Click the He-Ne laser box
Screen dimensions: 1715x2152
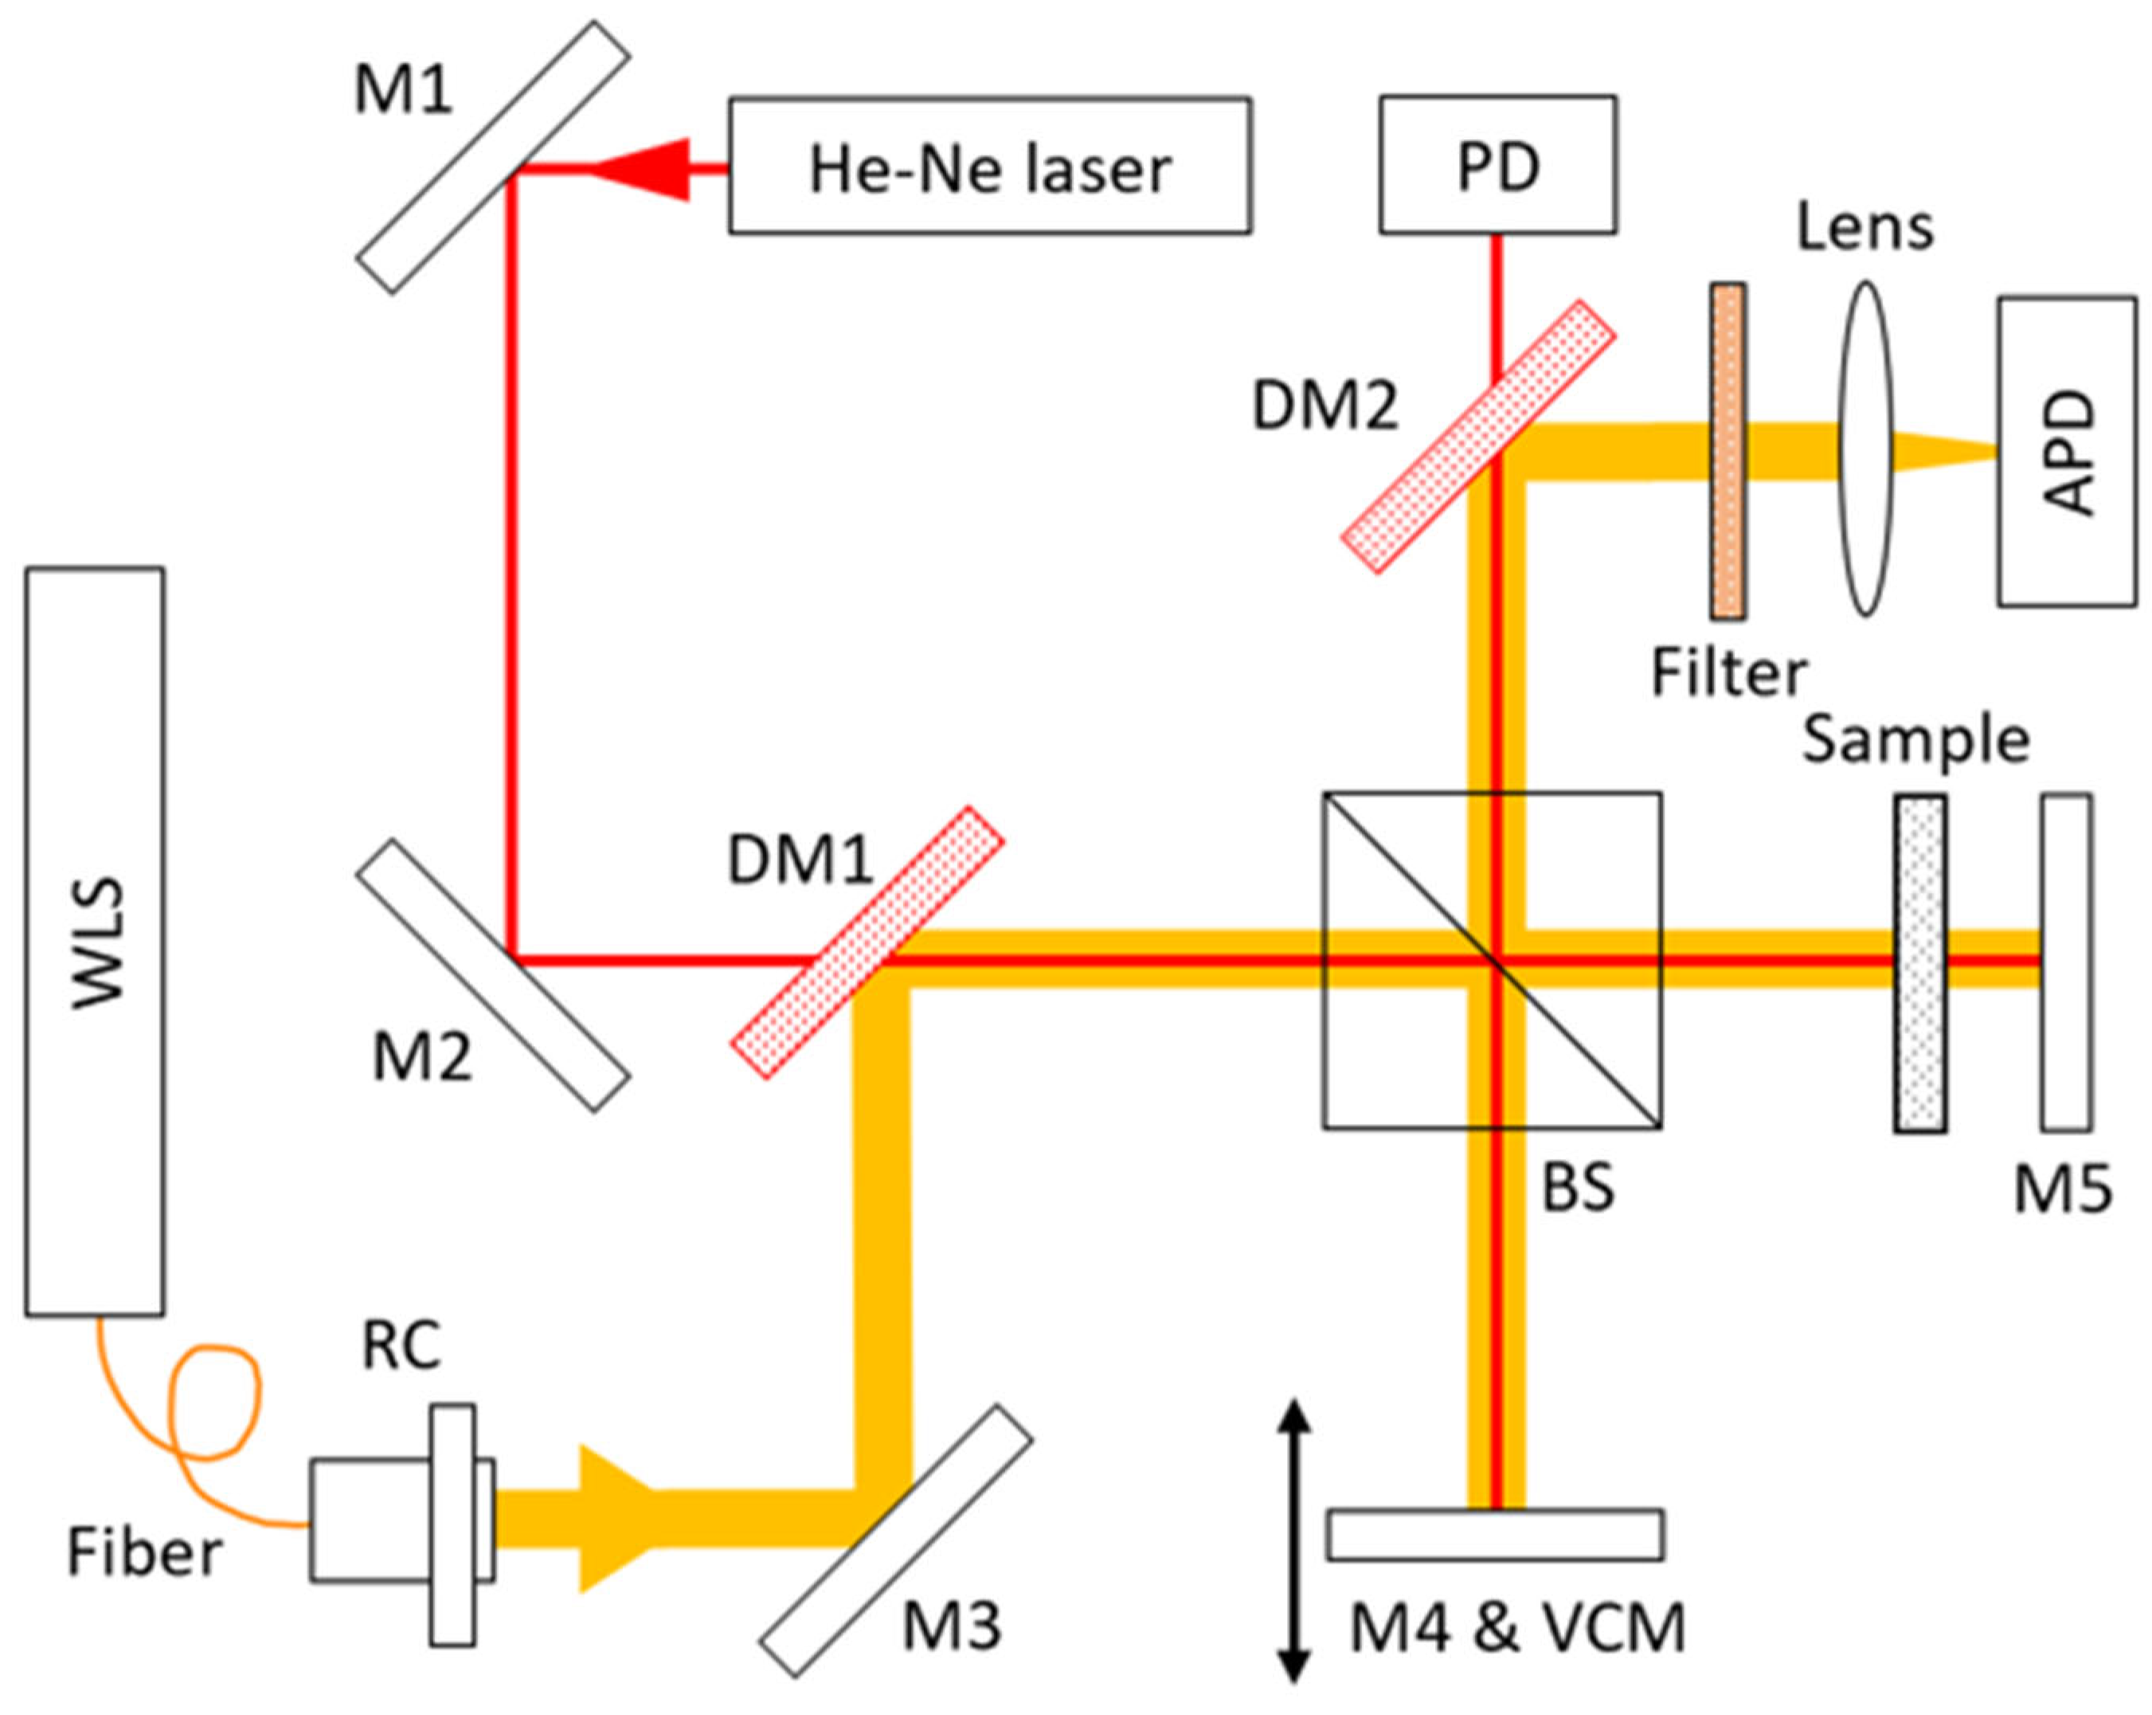click(989, 166)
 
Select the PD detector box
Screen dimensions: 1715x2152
click(1497, 165)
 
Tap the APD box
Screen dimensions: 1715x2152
click(2067, 451)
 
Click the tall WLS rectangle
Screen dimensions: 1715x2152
click(95, 942)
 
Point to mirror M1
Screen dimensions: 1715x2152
click(493, 158)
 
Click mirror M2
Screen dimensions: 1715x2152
click(493, 975)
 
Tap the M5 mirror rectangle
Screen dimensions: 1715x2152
click(2066, 962)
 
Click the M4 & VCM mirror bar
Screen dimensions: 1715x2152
click(1494, 1535)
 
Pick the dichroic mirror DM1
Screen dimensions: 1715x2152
click(867, 942)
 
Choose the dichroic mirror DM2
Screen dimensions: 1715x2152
click(1478, 437)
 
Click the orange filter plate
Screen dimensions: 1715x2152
click(1727, 450)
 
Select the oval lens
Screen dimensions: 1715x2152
click(1864, 448)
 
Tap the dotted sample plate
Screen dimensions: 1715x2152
click(1919, 963)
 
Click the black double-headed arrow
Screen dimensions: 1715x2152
click(1293, 1541)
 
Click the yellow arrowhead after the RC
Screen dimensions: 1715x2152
click(615, 1518)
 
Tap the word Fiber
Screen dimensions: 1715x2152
click(145, 1553)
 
